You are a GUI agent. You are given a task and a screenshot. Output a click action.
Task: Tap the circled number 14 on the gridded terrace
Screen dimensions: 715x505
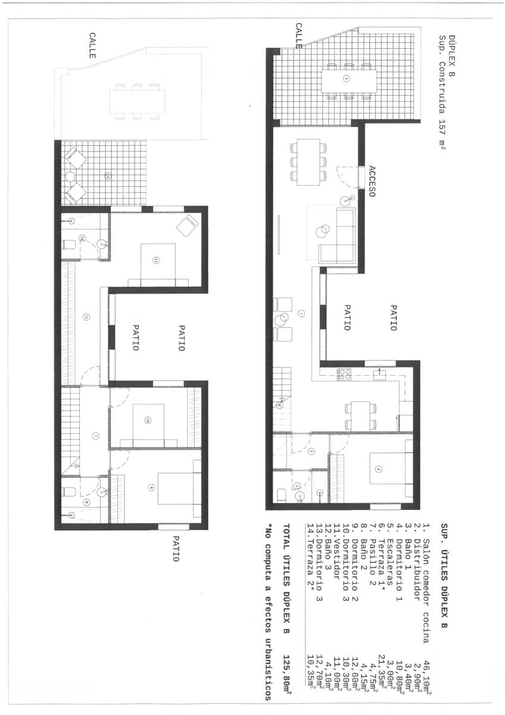click(x=108, y=176)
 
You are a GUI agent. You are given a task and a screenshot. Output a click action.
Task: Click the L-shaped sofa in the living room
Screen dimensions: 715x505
click(x=338, y=235)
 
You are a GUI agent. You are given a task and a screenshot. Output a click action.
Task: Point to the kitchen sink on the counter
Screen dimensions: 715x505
click(x=377, y=374)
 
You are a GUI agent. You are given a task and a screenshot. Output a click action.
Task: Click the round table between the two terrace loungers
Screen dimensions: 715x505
click(x=70, y=176)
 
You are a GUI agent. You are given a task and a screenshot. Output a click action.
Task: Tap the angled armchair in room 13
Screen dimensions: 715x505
click(x=188, y=225)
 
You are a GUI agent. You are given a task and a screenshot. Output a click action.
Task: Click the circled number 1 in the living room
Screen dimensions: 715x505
click(x=301, y=313)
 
